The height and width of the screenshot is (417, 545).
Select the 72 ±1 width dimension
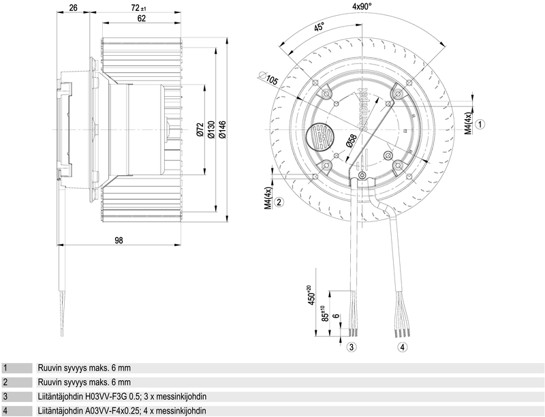142,7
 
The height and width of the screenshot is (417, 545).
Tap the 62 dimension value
142,18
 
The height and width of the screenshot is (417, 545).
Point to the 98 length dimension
118,240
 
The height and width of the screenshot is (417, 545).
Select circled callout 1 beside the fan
480,124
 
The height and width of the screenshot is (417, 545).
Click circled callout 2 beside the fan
279,201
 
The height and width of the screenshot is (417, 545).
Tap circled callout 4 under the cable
403,347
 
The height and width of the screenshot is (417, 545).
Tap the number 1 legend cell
5,368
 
